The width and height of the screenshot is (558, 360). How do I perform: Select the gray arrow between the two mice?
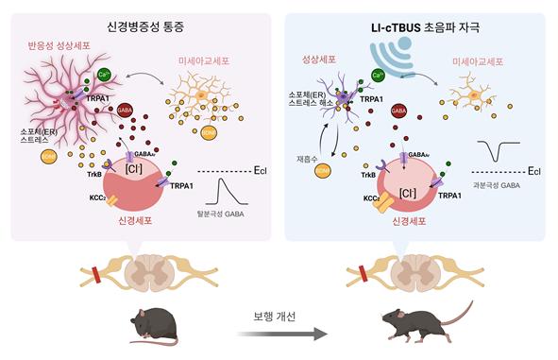coord(281,333)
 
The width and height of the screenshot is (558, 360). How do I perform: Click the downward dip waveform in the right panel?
coord(497,151)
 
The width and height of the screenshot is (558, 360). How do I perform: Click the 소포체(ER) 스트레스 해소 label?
coord(312,102)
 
